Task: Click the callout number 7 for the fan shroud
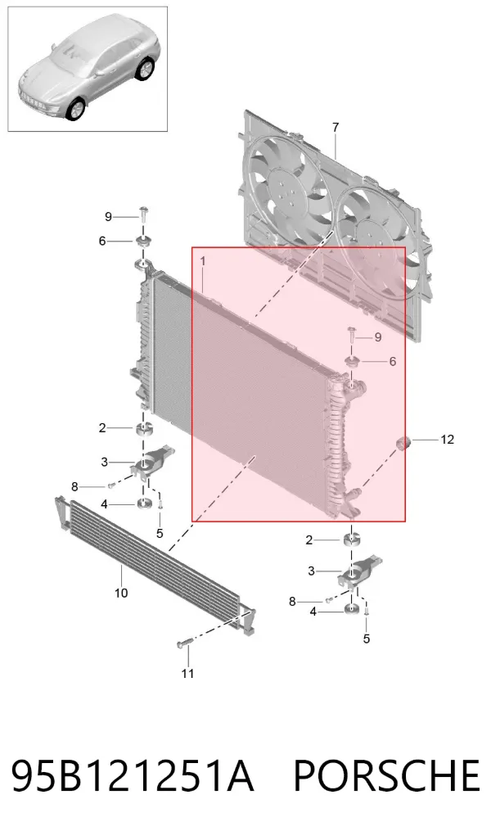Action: point(336,128)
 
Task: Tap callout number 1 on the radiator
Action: point(203,261)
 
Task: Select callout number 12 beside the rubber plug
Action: point(447,440)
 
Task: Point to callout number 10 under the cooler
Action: point(121,593)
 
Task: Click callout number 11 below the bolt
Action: point(187,673)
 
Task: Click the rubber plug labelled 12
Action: point(402,444)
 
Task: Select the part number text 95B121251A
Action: point(132,775)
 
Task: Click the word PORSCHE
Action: point(386,775)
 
